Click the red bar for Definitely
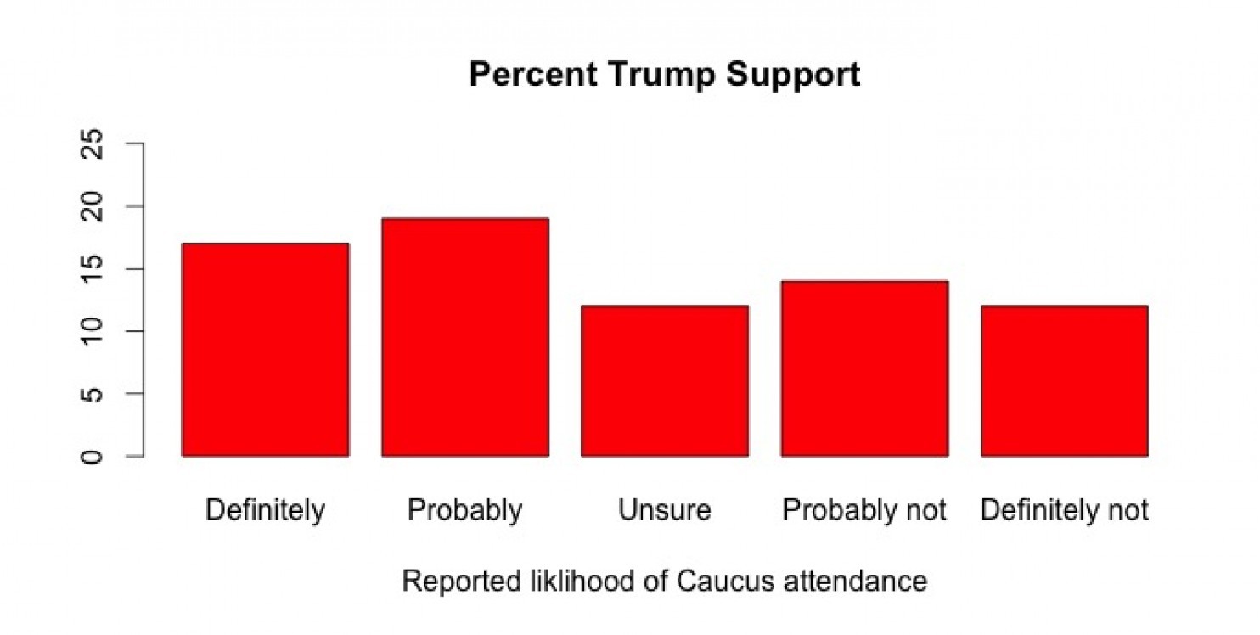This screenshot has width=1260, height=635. point(265,350)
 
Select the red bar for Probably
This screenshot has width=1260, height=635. point(464,337)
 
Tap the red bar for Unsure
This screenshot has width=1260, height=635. point(664,381)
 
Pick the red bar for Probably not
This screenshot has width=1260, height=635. point(864,368)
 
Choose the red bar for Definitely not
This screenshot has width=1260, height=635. point(1064,381)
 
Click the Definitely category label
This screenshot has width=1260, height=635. point(265,511)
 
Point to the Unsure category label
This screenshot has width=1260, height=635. point(664,511)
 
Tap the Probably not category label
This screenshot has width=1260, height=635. point(864,511)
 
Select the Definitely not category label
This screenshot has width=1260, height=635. point(1064,511)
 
